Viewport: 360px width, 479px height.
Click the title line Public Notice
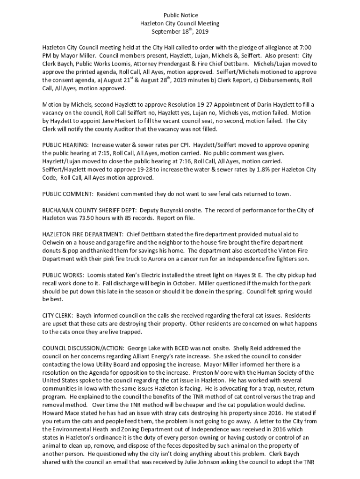180,15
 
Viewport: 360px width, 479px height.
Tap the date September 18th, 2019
180,32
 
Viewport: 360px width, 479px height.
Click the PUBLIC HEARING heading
65,145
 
